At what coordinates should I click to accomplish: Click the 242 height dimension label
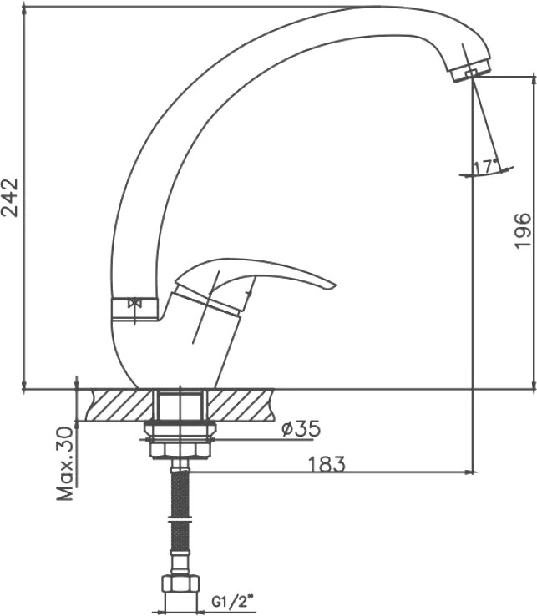pos(9,197)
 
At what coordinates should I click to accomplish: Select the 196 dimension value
pos(523,230)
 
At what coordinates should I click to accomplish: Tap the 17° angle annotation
pos(486,167)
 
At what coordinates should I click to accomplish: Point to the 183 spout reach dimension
pos(326,464)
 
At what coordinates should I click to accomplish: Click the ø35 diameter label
pos(301,429)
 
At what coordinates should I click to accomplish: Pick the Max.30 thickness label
pos(65,463)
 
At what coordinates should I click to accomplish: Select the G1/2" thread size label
pos(232,602)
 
